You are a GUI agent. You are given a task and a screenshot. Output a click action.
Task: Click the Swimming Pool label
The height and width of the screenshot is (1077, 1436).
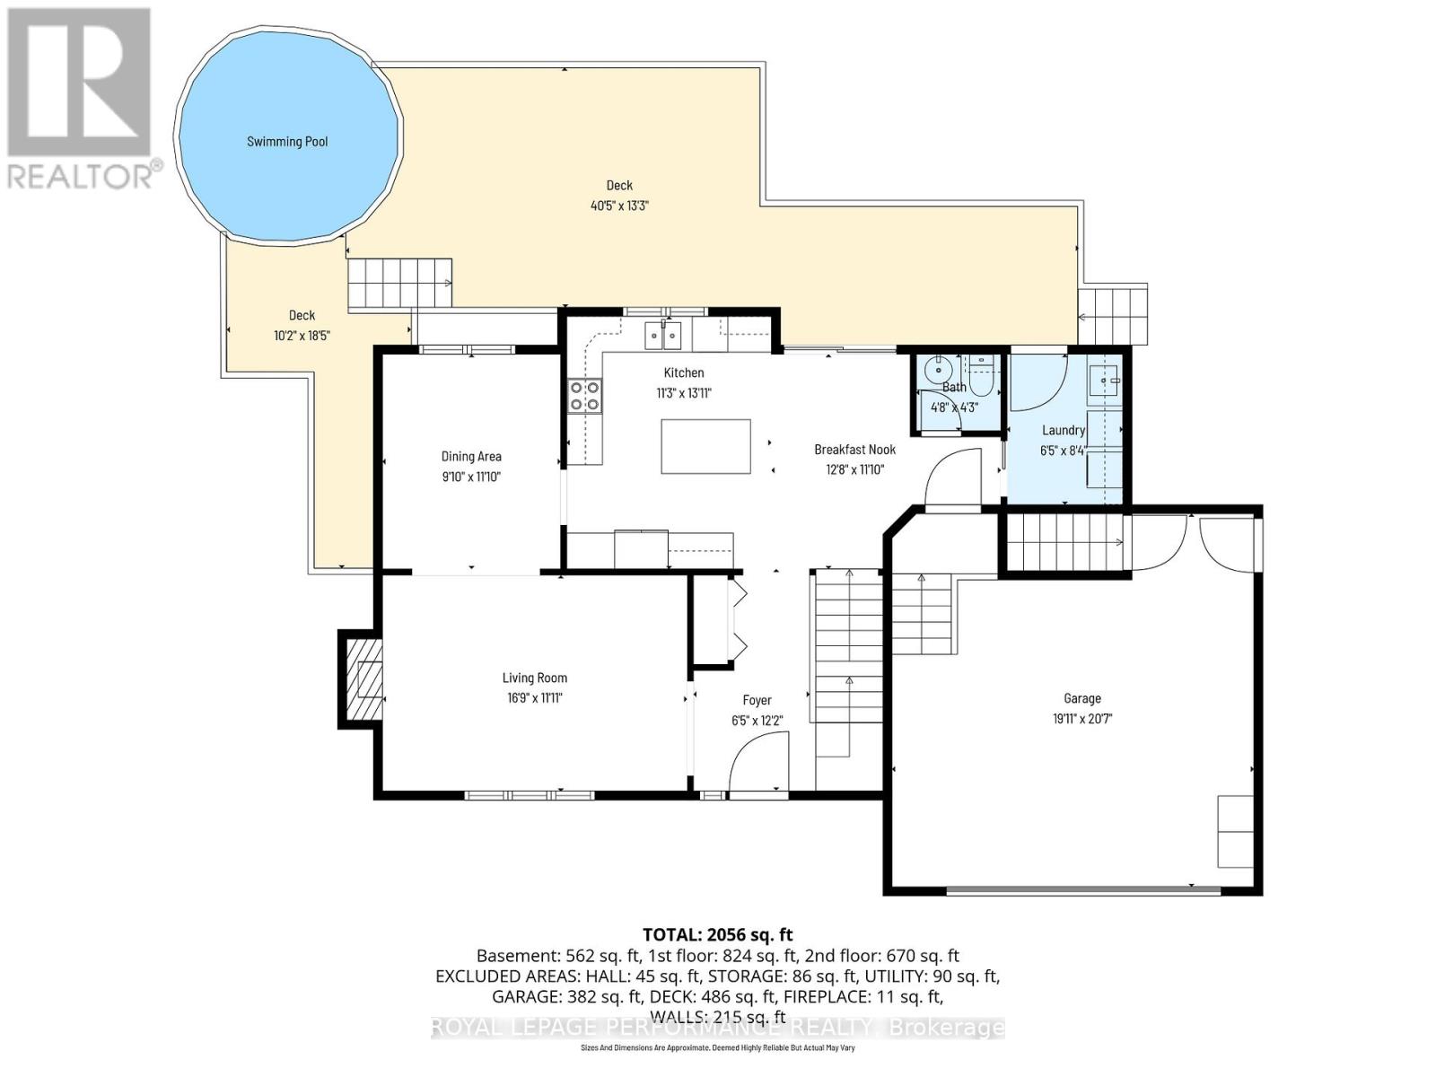point(287,142)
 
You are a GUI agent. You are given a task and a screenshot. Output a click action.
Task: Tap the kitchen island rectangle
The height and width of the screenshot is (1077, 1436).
point(705,446)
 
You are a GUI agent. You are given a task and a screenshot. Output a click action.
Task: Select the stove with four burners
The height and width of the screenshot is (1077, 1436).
point(584,396)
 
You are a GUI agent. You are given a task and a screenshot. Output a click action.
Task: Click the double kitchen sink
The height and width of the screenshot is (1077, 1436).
point(663,337)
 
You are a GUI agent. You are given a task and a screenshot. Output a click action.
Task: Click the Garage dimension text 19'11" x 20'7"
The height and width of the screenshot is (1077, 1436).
point(1082,719)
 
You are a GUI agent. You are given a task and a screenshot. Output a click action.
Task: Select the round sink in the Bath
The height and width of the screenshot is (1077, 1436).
point(939,368)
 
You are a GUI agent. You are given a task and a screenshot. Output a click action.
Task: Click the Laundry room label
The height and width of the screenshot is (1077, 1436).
point(1064,431)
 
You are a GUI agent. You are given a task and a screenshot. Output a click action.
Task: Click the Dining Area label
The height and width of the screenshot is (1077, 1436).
point(471,457)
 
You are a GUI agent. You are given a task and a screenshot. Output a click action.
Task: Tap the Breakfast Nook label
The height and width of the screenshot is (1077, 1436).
point(854,450)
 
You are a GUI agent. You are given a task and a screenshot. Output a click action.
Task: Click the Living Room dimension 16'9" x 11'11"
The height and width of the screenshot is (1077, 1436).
point(534,698)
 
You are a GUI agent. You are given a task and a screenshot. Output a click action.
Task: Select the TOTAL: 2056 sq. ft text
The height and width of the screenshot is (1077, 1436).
point(717,934)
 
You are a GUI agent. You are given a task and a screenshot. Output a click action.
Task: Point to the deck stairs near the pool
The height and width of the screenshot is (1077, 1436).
point(400,283)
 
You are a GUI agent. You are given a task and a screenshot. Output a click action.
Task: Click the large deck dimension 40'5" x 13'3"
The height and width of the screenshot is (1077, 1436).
point(619,206)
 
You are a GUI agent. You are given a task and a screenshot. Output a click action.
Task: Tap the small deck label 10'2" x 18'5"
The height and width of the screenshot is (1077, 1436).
point(302,336)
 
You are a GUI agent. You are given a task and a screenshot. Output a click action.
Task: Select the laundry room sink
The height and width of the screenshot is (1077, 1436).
point(1104,381)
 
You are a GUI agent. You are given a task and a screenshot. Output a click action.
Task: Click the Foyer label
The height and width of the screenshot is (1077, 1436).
point(757,700)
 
